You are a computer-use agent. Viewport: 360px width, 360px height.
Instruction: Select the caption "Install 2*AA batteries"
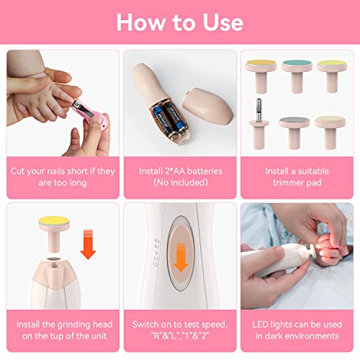point(179,171)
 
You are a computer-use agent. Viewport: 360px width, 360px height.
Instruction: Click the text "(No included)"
point(179,184)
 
